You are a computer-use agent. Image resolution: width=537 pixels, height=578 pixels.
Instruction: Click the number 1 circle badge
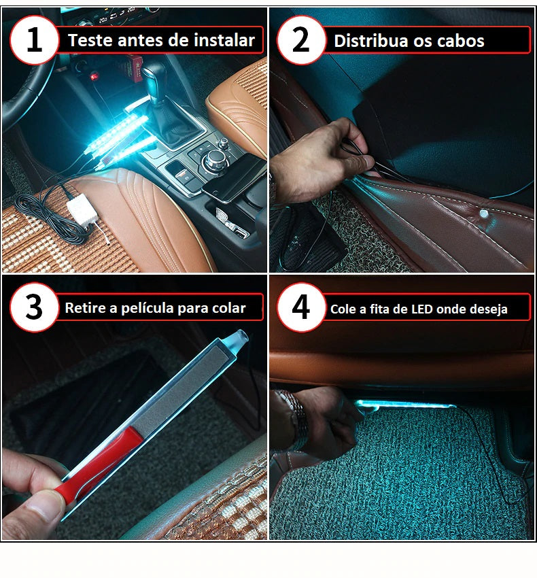pyautogui.click(x=34, y=40)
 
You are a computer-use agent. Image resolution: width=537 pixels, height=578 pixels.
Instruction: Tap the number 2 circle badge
pyautogui.click(x=301, y=40)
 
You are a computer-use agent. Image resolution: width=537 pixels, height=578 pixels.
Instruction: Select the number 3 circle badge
pyautogui.click(x=34, y=307)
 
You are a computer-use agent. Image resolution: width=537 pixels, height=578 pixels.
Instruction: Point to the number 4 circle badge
pyautogui.click(x=301, y=307)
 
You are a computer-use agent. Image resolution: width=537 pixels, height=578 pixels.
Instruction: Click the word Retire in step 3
pyautogui.click(x=85, y=308)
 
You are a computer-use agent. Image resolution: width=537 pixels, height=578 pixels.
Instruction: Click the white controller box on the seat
pyautogui.click(x=80, y=209)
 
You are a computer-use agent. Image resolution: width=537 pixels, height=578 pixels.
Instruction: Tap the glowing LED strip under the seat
pyautogui.click(x=405, y=405)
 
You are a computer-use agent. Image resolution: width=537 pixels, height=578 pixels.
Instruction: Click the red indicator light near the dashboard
pyautogui.click(x=94, y=77)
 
